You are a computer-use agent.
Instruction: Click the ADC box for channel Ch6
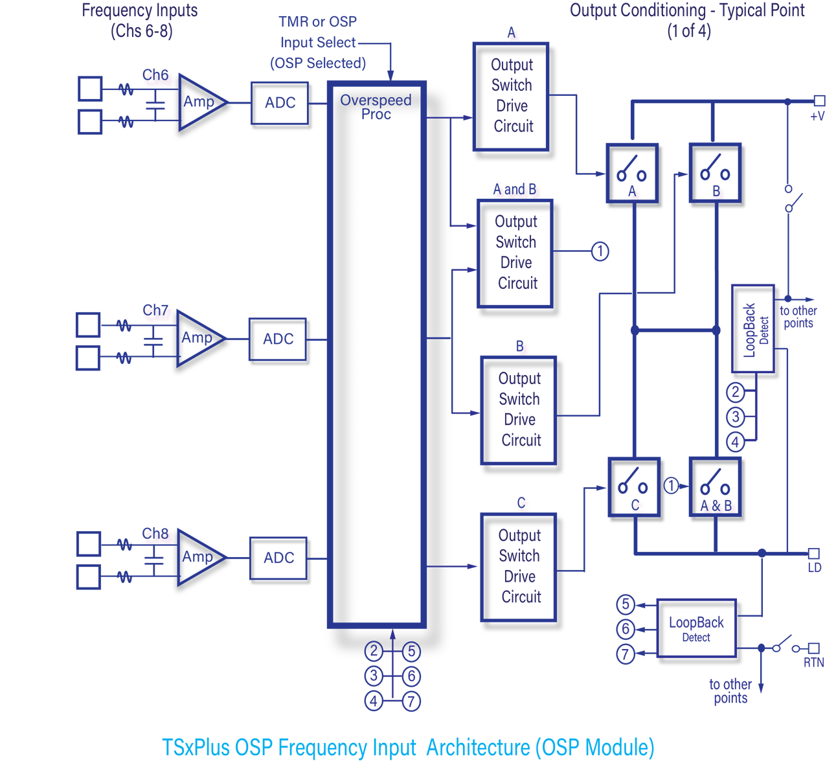pos(280,103)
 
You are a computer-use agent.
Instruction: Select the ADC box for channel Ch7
pos(278,339)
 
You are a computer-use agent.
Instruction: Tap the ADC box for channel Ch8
pos(278,558)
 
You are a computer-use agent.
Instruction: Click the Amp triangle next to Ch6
pos(201,102)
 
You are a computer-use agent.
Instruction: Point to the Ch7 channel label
pos(155,311)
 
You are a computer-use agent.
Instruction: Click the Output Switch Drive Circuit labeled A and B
pos(516,253)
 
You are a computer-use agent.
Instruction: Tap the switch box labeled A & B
pos(716,488)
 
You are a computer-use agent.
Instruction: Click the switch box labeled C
pos(635,488)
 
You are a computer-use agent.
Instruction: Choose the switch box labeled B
pos(716,173)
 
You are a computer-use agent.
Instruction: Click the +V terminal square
pos(819,100)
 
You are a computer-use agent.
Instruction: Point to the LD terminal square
pos(813,554)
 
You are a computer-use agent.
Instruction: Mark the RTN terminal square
pos(814,648)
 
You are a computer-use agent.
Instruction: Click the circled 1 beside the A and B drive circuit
pos(600,251)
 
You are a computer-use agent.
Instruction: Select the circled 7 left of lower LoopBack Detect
pos(625,654)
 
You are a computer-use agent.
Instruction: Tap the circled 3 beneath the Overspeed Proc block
pos(374,676)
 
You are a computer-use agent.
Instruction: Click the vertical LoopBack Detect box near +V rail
pos(753,330)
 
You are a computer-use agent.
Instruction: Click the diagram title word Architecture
pos(478,747)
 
